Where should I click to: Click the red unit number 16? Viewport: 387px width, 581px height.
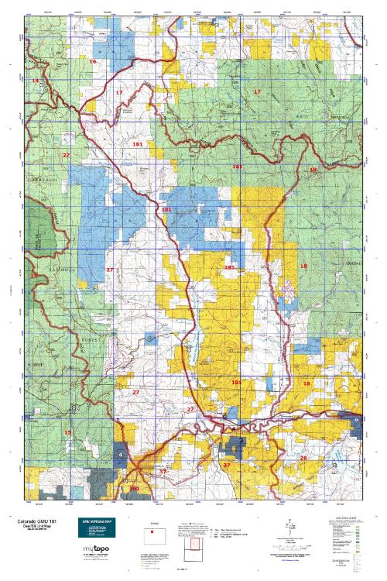[x=92, y=60]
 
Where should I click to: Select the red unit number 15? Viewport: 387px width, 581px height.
[x=68, y=432]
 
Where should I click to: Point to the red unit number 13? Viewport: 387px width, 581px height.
[x=33, y=275]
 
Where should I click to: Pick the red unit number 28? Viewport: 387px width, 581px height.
[x=303, y=458]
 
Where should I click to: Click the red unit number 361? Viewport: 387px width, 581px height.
[x=134, y=489]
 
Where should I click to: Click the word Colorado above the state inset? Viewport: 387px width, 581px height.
[x=153, y=524]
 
